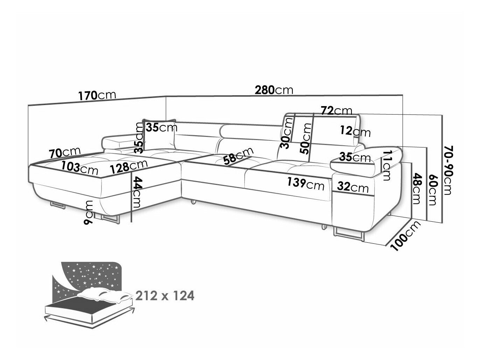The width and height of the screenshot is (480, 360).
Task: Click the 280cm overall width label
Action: point(274,90)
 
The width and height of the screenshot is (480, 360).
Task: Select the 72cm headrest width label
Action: point(336,111)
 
